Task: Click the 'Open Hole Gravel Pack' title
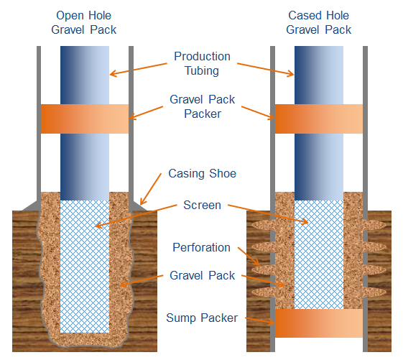click(x=84, y=22)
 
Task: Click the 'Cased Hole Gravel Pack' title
click(x=319, y=22)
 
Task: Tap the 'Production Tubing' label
click(x=202, y=63)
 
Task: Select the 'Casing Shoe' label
click(x=203, y=173)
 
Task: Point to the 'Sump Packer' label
click(x=202, y=318)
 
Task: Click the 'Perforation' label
click(x=201, y=247)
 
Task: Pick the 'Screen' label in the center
click(x=203, y=206)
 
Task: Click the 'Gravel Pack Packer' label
click(x=203, y=106)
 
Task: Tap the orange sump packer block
click(x=319, y=323)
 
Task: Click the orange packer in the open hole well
click(x=85, y=119)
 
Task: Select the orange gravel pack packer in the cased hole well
click(x=319, y=119)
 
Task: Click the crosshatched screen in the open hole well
click(x=85, y=267)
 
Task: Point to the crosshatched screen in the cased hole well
click(x=319, y=254)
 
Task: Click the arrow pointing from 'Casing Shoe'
click(x=151, y=189)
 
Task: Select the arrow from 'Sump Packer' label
click(x=260, y=320)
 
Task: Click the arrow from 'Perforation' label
click(x=249, y=256)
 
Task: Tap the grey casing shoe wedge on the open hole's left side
click(x=32, y=206)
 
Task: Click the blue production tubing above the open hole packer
click(x=85, y=75)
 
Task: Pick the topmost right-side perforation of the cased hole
click(x=374, y=225)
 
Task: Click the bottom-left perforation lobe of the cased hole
click(x=263, y=292)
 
